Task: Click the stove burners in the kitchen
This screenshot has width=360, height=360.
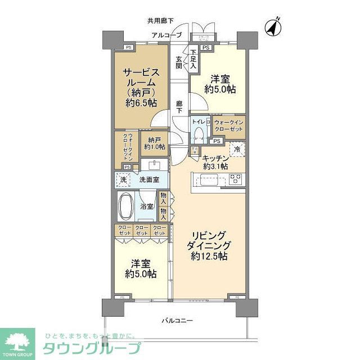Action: pyautogui.click(x=235, y=180)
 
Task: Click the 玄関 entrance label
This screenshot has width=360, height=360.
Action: pyautogui.click(x=179, y=61)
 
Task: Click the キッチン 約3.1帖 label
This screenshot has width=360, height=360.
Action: pyautogui.click(x=215, y=162)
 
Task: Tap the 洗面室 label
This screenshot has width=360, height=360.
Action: pyautogui.click(x=149, y=180)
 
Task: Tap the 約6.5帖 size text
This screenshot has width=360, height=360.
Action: pyautogui.click(x=141, y=103)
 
